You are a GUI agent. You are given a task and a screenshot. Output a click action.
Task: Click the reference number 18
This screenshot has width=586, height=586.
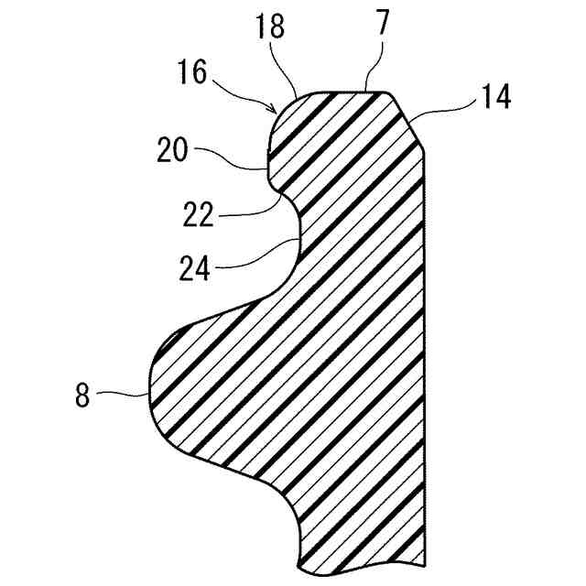click(x=272, y=27)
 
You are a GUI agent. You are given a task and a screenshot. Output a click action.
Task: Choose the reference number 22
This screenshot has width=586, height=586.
click(x=199, y=216)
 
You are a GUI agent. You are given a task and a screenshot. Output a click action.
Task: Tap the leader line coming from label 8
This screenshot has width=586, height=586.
click(x=124, y=394)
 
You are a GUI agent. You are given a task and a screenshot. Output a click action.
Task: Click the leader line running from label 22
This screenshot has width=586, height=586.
click(x=252, y=208)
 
